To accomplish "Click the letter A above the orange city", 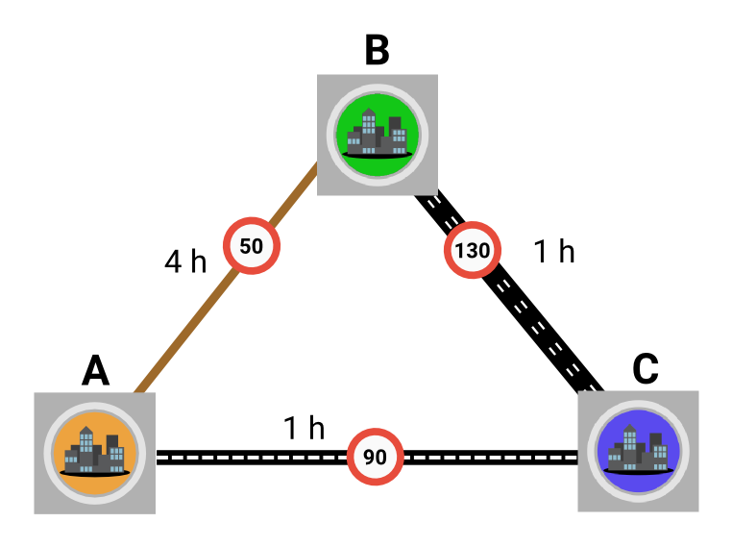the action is (x=96, y=370).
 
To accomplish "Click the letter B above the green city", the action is (x=377, y=50).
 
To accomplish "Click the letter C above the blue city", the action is (x=646, y=368).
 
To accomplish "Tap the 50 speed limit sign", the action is (x=252, y=246).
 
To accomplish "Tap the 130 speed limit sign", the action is (x=473, y=250).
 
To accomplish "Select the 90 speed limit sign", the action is (x=375, y=457).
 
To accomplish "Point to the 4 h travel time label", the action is (x=185, y=261).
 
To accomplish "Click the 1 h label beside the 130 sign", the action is (x=553, y=251).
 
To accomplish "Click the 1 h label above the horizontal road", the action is (x=304, y=428).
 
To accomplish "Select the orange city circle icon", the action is (x=95, y=453).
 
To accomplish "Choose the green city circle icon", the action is (x=378, y=135).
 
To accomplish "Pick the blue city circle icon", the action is (x=638, y=451).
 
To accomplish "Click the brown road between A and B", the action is (x=226, y=278).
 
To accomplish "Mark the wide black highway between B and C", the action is (x=509, y=293).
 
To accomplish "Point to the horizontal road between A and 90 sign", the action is (x=252, y=458).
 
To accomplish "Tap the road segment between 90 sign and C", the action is (x=490, y=458).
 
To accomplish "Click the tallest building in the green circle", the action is (x=369, y=131).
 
